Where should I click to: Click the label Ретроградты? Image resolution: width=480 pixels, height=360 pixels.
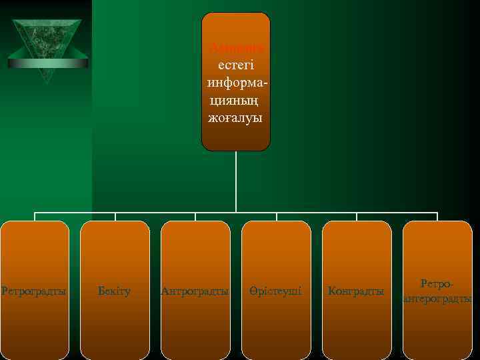[x=34, y=291]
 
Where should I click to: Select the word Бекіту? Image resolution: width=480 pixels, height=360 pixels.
[x=114, y=291]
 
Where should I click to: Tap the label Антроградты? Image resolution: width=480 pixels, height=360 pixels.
[x=195, y=291]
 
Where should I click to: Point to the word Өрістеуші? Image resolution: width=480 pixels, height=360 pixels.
[x=276, y=291]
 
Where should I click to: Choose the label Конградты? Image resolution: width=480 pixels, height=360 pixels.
[x=357, y=291]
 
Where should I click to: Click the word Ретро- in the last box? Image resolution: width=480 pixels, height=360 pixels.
[x=437, y=285]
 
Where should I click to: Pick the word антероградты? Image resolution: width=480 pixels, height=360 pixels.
[x=437, y=299]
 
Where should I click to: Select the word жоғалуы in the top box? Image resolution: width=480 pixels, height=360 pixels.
[x=236, y=117]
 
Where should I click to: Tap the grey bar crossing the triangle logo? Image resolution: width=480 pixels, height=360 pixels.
[x=47, y=63]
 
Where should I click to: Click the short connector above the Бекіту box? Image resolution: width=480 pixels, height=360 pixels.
[x=115, y=217]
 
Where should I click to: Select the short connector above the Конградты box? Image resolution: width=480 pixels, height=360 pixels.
[x=357, y=217]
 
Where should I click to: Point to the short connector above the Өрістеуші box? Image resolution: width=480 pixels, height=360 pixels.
[x=277, y=217]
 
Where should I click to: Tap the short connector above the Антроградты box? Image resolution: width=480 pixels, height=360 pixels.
[x=195, y=217]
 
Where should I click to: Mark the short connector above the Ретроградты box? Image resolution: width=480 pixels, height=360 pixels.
[x=35, y=217]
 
